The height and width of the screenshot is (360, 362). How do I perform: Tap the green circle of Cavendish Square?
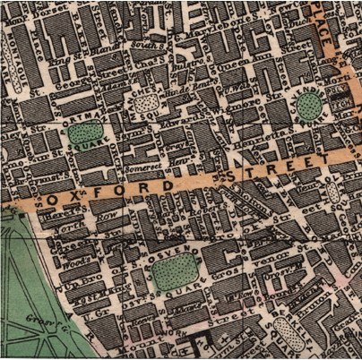click(x=309, y=106)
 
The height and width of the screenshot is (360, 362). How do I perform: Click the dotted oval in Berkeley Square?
click(x=285, y=331)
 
